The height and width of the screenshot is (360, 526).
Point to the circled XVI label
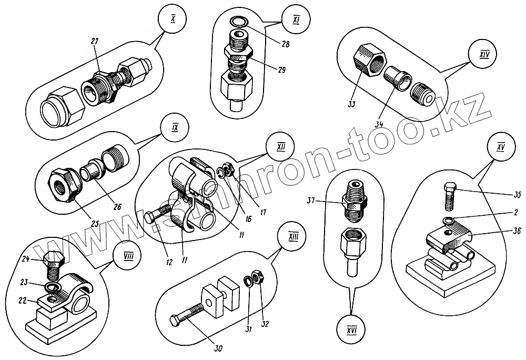pyautogui.click(x=352, y=330)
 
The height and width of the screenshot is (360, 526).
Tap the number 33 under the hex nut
pyautogui.click(x=351, y=104)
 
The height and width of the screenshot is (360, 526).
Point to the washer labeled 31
pyautogui.click(x=247, y=279)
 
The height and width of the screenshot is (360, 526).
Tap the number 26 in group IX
pyautogui.click(x=116, y=206)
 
